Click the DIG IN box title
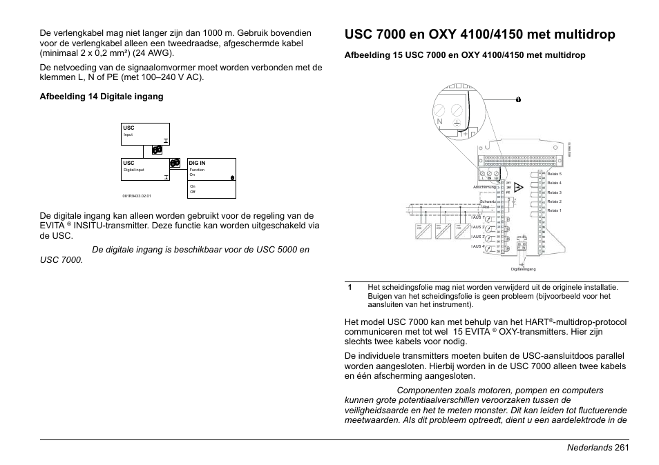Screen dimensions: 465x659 198,164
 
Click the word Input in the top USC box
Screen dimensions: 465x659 128,135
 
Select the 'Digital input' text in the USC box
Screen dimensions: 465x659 134,170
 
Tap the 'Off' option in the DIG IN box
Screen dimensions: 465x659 193,191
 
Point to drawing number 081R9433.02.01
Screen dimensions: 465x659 137,196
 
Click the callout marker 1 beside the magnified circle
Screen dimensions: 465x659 517,99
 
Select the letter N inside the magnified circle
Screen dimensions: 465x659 440,122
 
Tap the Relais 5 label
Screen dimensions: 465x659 554,174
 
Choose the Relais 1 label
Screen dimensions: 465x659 554,210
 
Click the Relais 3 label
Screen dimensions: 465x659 554,192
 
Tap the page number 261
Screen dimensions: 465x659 620,448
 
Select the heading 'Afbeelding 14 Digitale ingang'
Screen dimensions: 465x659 102,97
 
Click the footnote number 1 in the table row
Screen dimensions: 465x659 350,287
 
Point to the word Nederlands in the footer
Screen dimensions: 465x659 584,448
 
